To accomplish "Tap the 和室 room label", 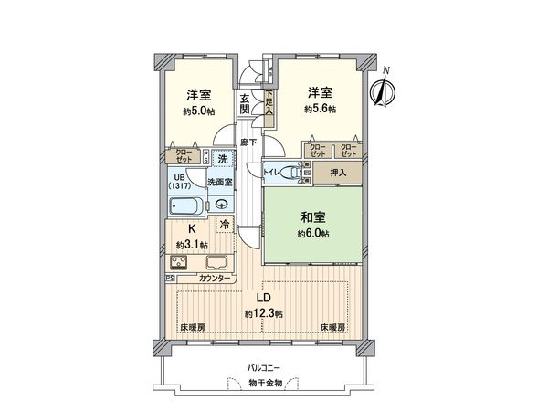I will click(x=313, y=218).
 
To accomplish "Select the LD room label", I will click(x=261, y=299).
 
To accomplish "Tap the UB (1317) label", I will click(x=179, y=181).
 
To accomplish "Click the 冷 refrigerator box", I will click(x=224, y=223).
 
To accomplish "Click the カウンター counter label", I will click(x=215, y=277).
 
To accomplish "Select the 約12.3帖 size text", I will click(x=263, y=313).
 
